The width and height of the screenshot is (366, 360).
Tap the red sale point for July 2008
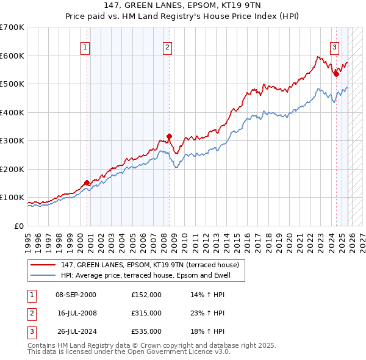(x=169, y=137)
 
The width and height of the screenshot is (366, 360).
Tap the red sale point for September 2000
(x=87, y=182)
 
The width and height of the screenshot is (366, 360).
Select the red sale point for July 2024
(x=336, y=74)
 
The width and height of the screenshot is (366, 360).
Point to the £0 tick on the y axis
(x=18, y=226)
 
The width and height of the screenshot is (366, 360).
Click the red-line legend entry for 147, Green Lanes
(x=153, y=265)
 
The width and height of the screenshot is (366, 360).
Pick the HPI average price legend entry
(x=152, y=275)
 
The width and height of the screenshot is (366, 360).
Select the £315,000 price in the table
(x=146, y=313)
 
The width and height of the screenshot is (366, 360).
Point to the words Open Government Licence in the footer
(x=174, y=352)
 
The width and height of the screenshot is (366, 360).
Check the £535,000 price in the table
(x=146, y=331)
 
